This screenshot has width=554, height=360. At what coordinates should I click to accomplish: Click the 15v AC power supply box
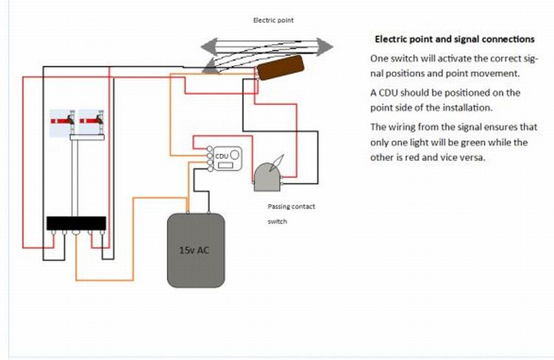[196, 250]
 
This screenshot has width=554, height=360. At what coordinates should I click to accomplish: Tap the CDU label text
[222, 156]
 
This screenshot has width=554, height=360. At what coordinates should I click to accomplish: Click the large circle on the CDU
[235, 154]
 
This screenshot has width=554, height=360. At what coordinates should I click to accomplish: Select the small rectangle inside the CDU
[225, 165]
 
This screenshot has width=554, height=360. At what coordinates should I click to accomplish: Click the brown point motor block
[281, 67]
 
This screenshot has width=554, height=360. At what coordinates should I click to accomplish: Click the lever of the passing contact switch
[277, 163]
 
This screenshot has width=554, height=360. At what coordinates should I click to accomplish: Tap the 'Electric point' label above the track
[273, 20]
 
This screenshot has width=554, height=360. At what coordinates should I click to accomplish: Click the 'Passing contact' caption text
[291, 206]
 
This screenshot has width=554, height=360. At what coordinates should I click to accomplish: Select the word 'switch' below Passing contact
[277, 221]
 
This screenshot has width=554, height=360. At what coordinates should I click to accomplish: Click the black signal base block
[76, 223]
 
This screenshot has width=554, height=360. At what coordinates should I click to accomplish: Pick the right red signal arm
[90, 121]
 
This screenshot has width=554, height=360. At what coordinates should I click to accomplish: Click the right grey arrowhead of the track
[324, 47]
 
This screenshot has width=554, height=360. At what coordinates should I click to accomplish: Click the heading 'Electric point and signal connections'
[455, 39]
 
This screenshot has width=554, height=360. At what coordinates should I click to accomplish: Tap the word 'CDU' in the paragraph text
[389, 93]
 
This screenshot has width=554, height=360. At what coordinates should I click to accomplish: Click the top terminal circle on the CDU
[210, 149]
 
